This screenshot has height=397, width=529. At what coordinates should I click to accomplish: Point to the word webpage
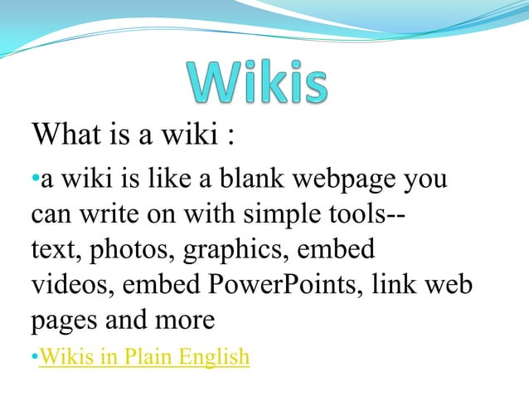point(355,179)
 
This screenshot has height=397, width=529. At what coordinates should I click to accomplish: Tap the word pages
point(64,321)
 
